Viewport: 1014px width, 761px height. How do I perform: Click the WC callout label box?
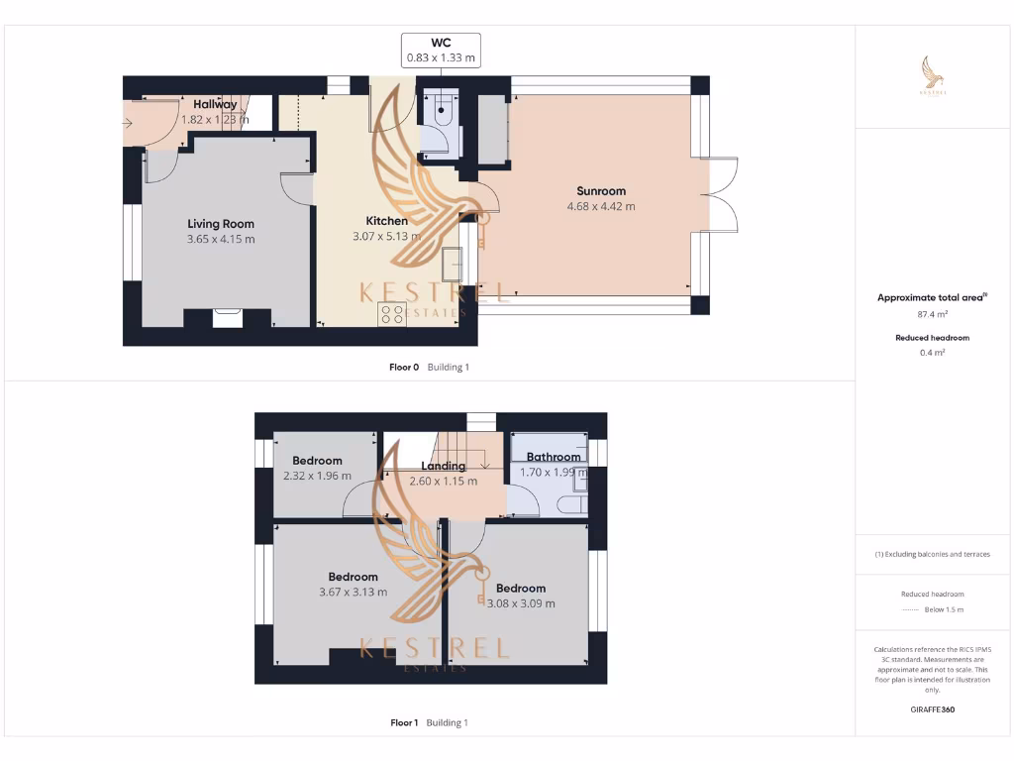coord(441,50)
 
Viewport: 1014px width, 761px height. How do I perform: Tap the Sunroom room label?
coord(601,191)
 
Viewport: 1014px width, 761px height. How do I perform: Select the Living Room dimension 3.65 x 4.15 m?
coord(221,239)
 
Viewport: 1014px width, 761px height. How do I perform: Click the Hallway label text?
coord(215,104)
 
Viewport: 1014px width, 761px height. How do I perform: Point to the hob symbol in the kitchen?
coord(392,313)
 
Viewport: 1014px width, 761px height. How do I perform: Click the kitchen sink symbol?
coord(455,263)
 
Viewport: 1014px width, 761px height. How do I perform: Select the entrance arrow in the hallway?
coord(129,123)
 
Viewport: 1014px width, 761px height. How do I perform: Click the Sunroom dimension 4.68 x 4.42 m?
coord(601,206)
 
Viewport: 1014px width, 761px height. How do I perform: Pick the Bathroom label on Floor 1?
coord(554,457)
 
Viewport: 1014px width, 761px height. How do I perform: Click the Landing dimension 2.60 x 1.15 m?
coord(444,481)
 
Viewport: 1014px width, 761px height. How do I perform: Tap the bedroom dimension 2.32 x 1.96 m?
coord(317,476)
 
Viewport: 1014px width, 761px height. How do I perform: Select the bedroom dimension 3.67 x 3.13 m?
coord(353,592)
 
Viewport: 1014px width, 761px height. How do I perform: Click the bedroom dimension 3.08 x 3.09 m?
coord(521,602)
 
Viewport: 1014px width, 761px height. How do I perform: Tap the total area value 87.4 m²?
coord(933,314)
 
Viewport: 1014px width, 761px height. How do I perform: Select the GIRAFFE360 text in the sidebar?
coord(933,709)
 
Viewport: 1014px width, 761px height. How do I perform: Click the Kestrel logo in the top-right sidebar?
coord(933,75)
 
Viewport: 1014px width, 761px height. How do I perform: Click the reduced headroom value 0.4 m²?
coord(933,352)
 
